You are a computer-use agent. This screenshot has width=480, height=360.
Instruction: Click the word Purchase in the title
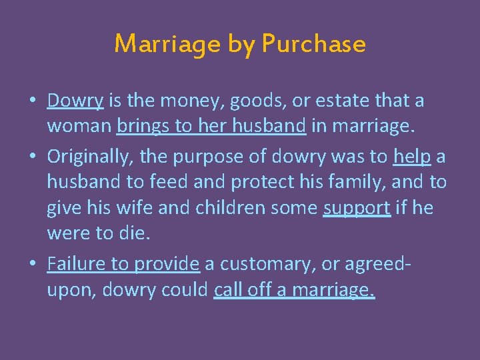pos(313,44)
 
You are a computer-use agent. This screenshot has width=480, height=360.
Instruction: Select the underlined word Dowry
pos(75,101)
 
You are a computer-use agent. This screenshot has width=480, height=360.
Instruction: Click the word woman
pos(79,127)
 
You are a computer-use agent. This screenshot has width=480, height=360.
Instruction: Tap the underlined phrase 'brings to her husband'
pos(211,127)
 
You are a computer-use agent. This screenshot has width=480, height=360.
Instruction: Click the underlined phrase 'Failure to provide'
pos(123,264)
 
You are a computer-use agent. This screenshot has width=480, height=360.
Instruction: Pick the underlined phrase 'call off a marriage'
pos(294,290)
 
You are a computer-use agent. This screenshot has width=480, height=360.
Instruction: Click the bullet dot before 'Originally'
pos(31,156)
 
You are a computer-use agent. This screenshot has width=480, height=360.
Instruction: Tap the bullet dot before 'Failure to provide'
pos(31,265)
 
